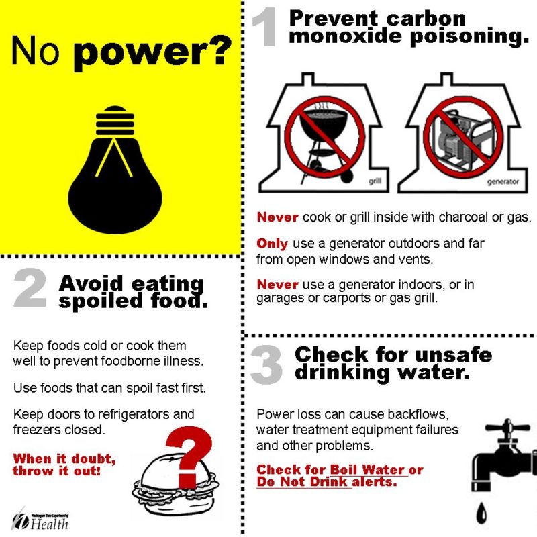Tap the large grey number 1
click(x=265, y=28)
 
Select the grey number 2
click(x=30, y=287)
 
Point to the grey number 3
click(x=266, y=364)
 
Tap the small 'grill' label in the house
click(x=375, y=181)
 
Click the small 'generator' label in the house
click(x=503, y=181)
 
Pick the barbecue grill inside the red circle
click(x=324, y=140)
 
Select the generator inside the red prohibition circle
click(x=462, y=137)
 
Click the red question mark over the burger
click(x=189, y=456)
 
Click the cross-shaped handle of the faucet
click(x=507, y=428)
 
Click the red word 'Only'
click(x=273, y=243)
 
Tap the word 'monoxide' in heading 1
click(x=345, y=36)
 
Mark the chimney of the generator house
click(x=446, y=79)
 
